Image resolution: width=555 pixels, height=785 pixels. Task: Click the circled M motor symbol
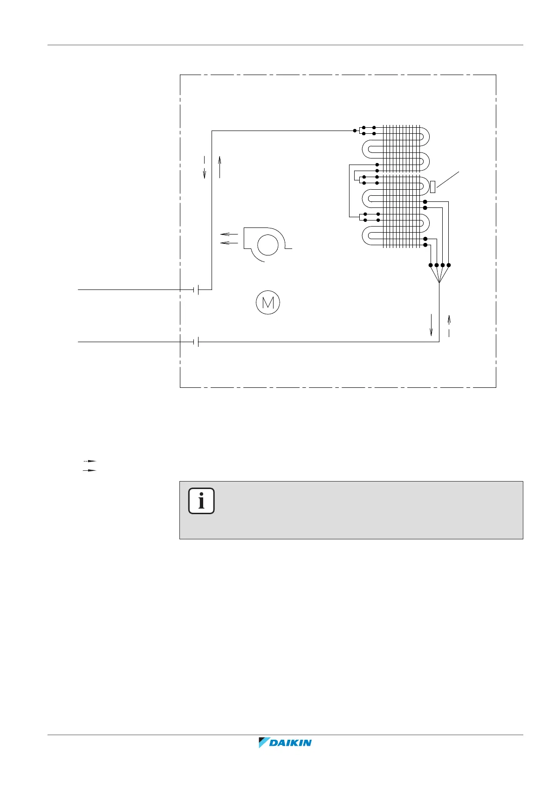(268, 303)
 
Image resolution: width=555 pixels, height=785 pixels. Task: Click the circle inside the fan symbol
(267, 245)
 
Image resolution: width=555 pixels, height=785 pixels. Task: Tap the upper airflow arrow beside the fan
(229, 234)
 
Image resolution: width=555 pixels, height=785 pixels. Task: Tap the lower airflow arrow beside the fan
(229, 243)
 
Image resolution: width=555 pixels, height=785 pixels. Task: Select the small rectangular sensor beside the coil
(432, 187)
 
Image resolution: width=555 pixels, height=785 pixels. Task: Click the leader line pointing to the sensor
(448, 180)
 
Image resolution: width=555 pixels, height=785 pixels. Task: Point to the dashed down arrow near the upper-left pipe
(204, 167)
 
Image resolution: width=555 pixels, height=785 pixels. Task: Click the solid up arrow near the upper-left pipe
(219, 167)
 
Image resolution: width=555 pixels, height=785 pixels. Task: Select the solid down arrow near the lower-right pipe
(432, 325)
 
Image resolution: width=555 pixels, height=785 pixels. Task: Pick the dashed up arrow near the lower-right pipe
(449, 325)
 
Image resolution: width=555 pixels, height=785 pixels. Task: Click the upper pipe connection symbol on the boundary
(196, 289)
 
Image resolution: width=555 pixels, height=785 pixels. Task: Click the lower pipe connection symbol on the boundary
(196, 342)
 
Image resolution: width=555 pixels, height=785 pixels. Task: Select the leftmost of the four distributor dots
(430, 265)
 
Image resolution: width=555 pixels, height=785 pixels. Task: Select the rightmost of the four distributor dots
(448, 265)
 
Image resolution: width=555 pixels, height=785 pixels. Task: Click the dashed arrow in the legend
(89, 461)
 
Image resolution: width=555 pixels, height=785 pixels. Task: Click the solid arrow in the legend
(89, 471)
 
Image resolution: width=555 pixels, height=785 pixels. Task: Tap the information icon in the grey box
(201, 501)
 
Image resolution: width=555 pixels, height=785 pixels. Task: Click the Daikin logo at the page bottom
(285, 743)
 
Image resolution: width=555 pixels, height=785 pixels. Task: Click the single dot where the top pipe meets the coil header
(355, 131)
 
